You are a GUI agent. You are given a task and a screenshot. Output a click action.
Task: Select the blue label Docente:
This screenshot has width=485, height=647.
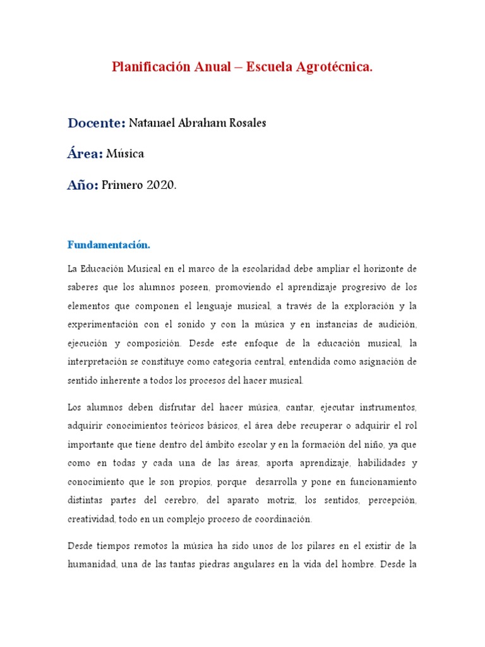coord(97,123)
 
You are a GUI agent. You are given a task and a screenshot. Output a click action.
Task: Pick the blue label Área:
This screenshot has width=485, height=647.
coord(85,154)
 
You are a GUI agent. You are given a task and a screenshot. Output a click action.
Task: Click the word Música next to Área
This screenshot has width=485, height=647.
coord(125,154)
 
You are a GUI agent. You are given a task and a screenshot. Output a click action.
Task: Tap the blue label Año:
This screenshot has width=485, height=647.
coord(83,185)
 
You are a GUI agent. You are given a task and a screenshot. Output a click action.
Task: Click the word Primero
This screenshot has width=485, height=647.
coord(123,185)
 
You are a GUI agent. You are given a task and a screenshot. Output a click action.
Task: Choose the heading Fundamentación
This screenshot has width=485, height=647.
coord(109,245)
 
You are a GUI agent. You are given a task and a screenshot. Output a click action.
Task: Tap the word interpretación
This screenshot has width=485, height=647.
coord(99,362)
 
